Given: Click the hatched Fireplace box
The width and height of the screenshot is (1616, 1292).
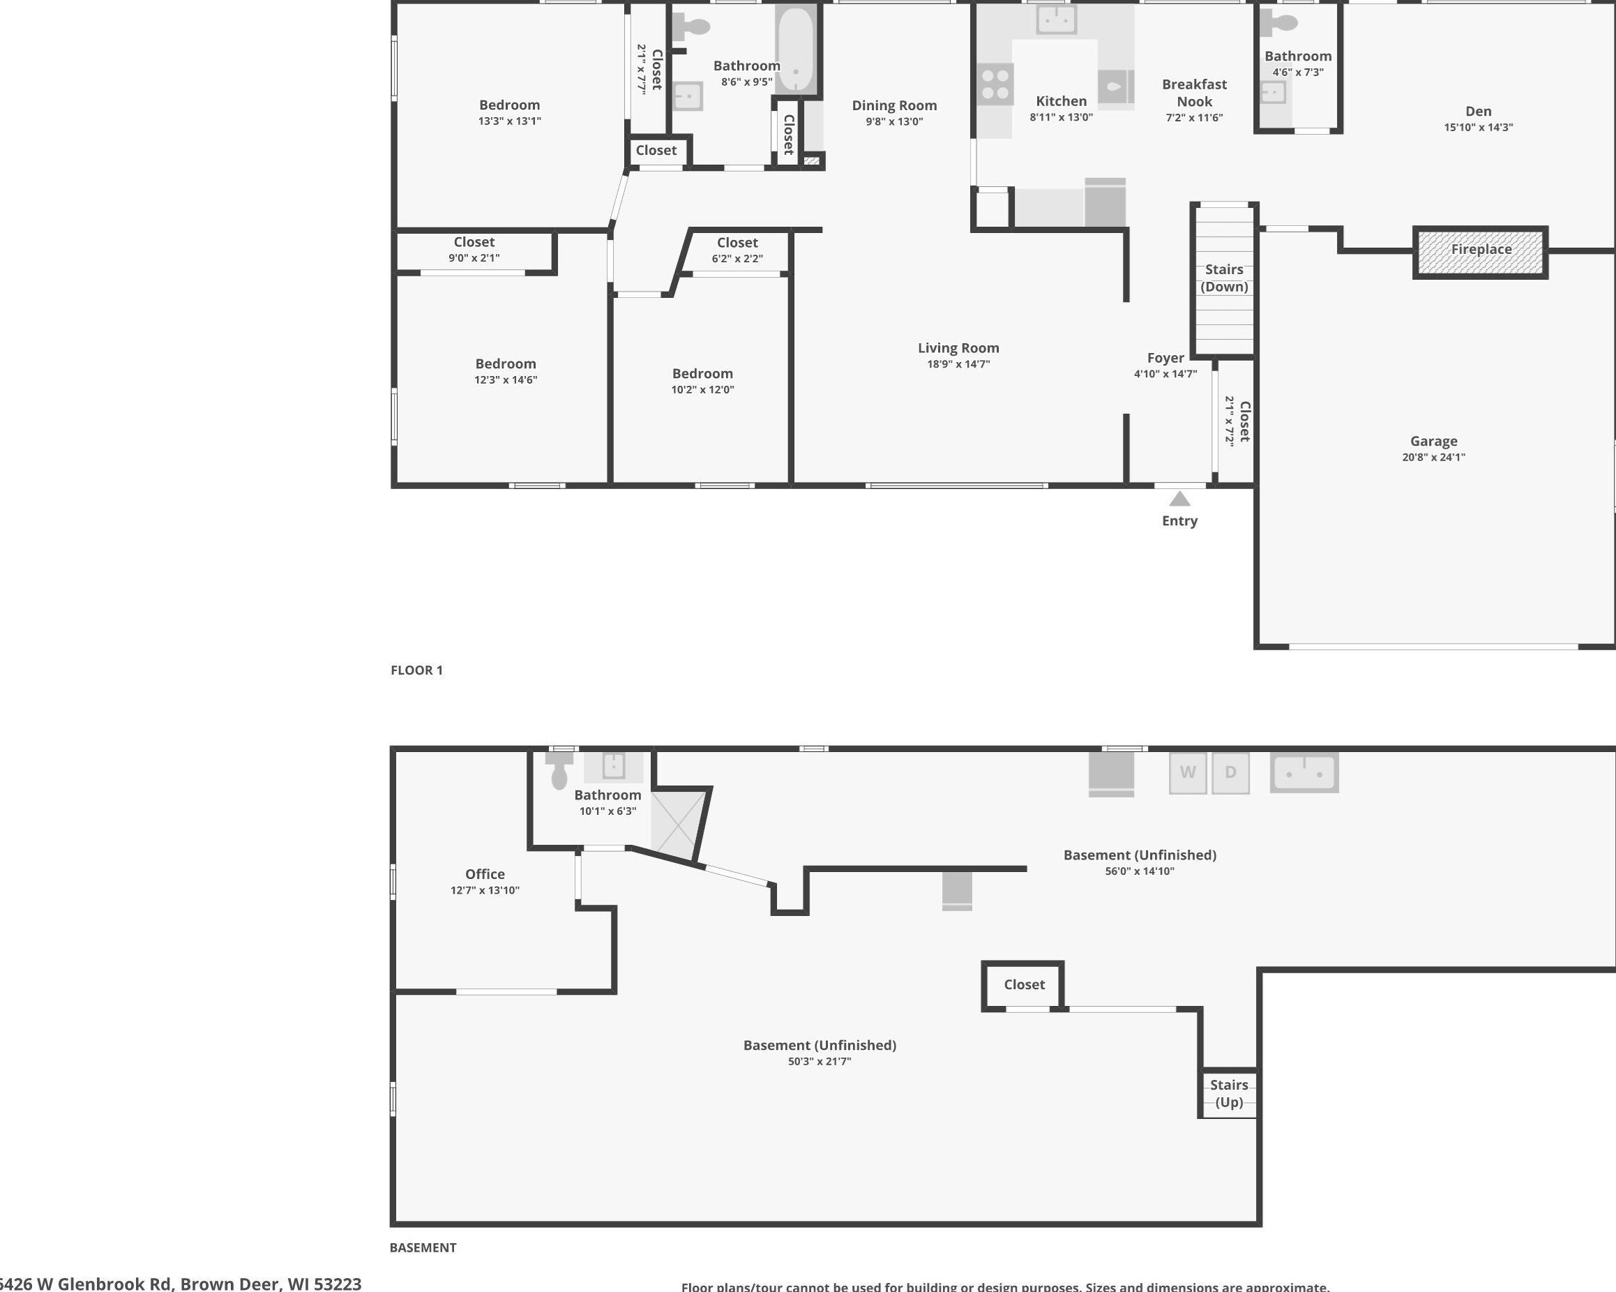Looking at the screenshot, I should pyautogui.click(x=1479, y=253).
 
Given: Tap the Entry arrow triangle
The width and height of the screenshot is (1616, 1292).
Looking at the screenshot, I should pyautogui.click(x=1179, y=499).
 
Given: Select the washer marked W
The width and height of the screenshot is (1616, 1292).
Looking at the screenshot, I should pyautogui.click(x=1187, y=772).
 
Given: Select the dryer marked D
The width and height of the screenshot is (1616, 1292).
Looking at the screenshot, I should pyautogui.click(x=1230, y=772).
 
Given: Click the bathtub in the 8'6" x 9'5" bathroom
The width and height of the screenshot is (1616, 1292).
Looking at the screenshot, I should pyautogui.click(x=795, y=50).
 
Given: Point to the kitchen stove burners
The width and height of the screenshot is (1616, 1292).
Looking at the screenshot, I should pyautogui.click(x=995, y=84).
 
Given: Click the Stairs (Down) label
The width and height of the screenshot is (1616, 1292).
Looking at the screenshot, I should pyautogui.click(x=1224, y=278).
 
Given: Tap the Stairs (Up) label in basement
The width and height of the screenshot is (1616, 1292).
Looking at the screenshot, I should pyautogui.click(x=1228, y=1093).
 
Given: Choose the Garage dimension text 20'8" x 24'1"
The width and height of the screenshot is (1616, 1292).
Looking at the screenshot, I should pyautogui.click(x=1433, y=457).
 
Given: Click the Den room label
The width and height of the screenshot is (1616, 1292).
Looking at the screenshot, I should pyautogui.click(x=1478, y=111).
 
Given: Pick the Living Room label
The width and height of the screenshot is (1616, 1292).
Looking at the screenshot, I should pyautogui.click(x=958, y=348).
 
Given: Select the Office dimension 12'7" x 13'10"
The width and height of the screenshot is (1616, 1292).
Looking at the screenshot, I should pyautogui.click(x=484, y=890).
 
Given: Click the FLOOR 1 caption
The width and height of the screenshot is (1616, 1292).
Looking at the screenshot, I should pyautogui.click(x=417, y=670).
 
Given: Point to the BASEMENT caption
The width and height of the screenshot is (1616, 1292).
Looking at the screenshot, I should pyautogui.click(x=423, y=1248).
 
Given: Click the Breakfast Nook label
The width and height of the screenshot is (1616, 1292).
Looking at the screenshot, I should pyautogui.click(x=1194, y=93).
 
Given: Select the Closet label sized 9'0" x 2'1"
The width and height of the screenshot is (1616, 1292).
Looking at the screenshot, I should pyautogui.click(x=474, y=242).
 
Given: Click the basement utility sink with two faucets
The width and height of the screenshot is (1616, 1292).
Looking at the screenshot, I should pyautogui.click(x=1304, y=773).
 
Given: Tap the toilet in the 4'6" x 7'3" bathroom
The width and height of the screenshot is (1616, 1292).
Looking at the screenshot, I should pyautogui.click(x=1281, y=23).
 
